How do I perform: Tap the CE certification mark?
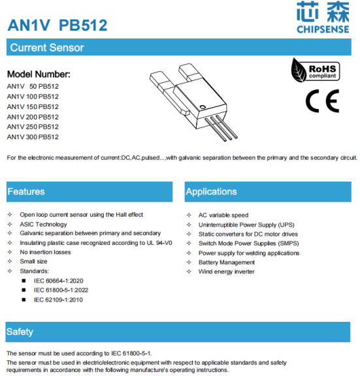pos(322,101)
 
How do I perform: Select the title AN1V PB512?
pos(57,25)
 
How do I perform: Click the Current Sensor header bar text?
pos(46,48)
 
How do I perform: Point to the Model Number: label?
pos(38,74)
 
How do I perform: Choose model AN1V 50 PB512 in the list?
pos(33,86)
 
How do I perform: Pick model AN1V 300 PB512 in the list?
pos(33,137)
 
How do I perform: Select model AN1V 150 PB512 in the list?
pos(33,106)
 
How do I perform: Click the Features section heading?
pos(26,191)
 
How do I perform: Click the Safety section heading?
pos(20,332)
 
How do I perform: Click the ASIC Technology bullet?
pos(43,224)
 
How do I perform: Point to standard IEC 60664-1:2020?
pos(59,281)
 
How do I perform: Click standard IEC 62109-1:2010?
pos(59,300)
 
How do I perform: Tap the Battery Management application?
pos(227,262)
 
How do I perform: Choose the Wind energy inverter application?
pos(227,272)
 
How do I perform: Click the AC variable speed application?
pos(223,215)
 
